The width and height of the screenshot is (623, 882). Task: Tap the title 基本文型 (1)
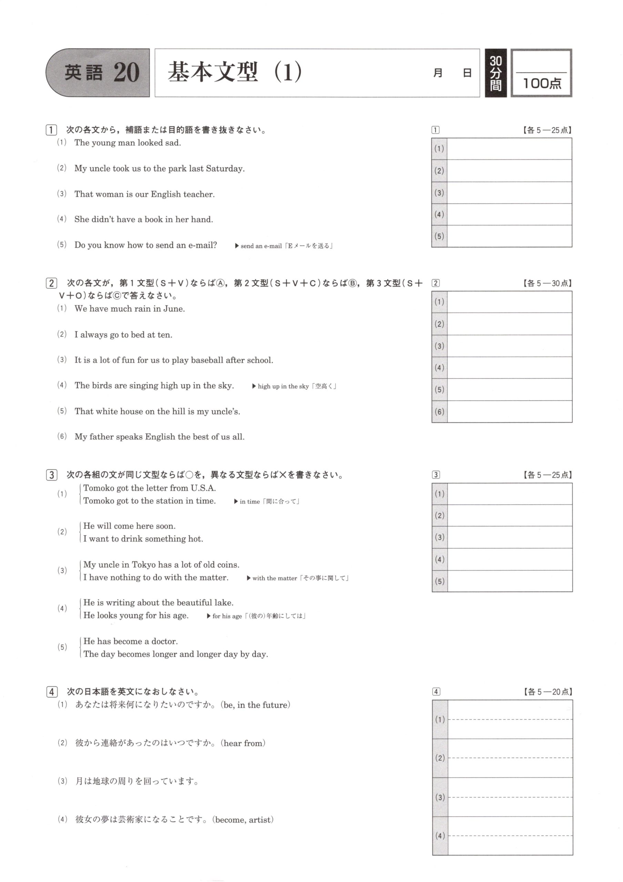pos(234,72)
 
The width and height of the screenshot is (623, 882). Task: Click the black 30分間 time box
pos(496,73)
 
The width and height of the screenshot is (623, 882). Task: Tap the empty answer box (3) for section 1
pos(509,193)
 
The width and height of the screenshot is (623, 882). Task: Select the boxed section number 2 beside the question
pos(51,283)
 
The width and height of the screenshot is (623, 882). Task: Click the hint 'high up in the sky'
pos(283,387)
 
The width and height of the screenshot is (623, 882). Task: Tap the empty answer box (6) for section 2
pos(509,411)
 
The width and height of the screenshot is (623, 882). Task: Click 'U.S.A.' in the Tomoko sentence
pos(203,488)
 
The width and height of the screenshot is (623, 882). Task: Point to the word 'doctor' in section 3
pos(164,641)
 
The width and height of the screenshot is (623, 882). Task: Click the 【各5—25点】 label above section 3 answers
pos(547,475)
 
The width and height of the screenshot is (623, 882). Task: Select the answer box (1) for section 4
pos(510,719)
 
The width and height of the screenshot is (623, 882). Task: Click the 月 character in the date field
pos(438,73)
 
